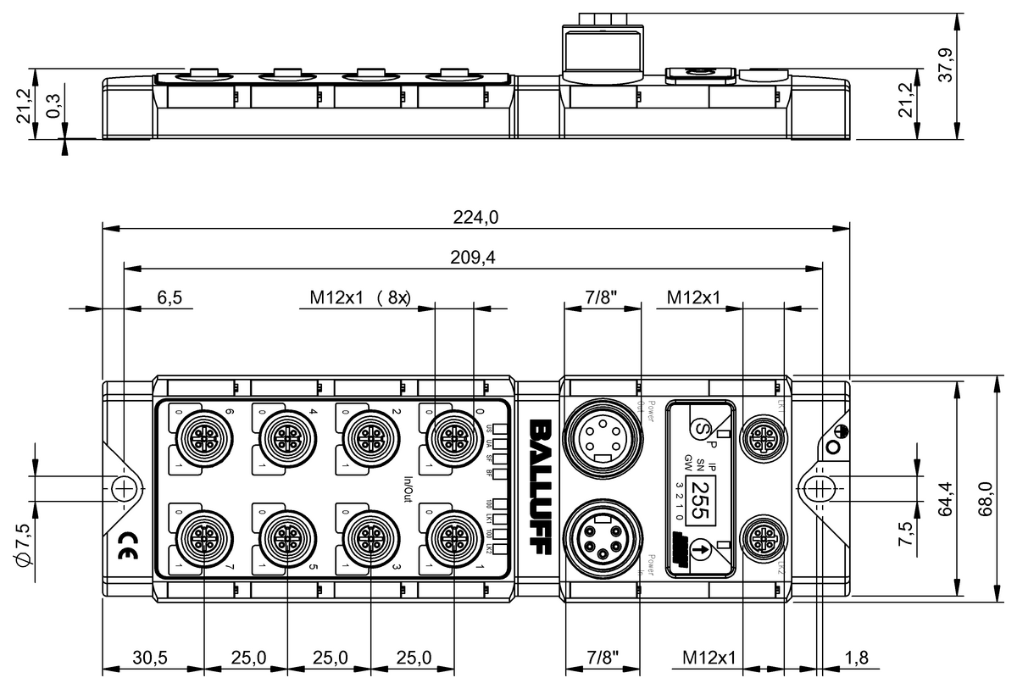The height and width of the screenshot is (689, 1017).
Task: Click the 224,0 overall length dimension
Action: coord(475,218)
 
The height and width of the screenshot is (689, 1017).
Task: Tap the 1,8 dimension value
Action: coord(858,657)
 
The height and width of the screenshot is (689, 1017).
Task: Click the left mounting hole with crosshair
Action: coord(124,487)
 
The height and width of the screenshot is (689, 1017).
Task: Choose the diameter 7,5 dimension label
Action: coord(25,540)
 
